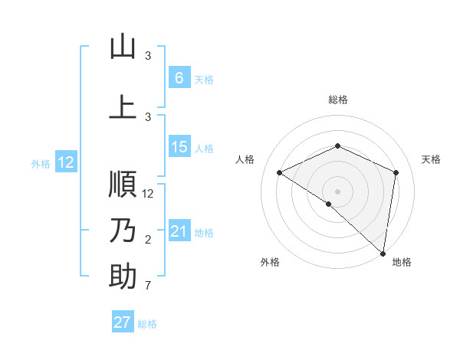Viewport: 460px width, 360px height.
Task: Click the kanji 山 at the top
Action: coord(123,47)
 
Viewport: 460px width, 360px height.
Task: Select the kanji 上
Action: coord(123,108)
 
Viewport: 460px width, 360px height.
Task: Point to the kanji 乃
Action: coord(123,231)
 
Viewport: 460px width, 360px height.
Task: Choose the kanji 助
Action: coord(123,277)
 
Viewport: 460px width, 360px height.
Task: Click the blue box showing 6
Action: coord(179,78)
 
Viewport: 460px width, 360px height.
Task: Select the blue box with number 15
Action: coord(179,147)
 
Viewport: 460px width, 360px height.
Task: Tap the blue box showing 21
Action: coord(179,231)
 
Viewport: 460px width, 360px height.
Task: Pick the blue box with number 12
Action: coord(66,162)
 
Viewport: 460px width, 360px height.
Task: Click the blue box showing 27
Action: coord(123,322)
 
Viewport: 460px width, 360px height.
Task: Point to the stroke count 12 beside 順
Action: coord(149,194)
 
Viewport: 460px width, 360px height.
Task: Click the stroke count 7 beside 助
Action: coord(149,286)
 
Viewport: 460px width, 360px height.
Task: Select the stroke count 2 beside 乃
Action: coord(149,240)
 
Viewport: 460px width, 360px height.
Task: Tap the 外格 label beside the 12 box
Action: coord(41,163)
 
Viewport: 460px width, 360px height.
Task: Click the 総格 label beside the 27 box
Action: coord(147,323)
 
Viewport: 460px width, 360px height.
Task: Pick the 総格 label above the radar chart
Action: coord(337,100)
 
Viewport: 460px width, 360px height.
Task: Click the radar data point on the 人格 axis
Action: coord(279,172)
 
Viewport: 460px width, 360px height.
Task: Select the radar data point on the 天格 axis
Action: coord(396,172)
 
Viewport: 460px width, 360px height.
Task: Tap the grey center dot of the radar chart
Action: coord(337,191)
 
